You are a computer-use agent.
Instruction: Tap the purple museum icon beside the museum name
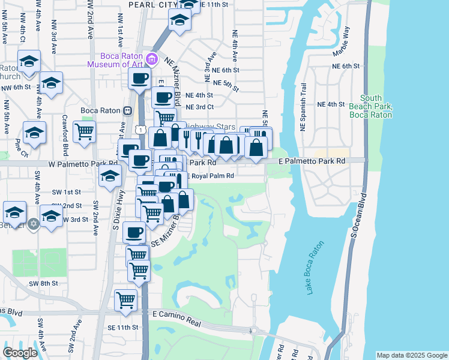tap(152, 59)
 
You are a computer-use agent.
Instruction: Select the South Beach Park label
tap(370, 106)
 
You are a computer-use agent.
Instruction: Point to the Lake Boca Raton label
tap(315, 268)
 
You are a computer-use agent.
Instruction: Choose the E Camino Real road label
tap(176, 314)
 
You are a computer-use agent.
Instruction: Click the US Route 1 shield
tap(140, 129)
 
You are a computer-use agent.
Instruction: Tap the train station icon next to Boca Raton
tap(127, 111)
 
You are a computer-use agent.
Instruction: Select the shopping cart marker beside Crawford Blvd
tap(84, 130)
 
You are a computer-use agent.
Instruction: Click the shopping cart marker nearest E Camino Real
tap(125, 298)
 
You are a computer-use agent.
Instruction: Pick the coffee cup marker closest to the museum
tap(139, 77)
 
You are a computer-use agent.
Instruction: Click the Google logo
tap(20, 353)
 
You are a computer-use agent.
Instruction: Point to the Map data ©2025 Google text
tap(412, 355)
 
